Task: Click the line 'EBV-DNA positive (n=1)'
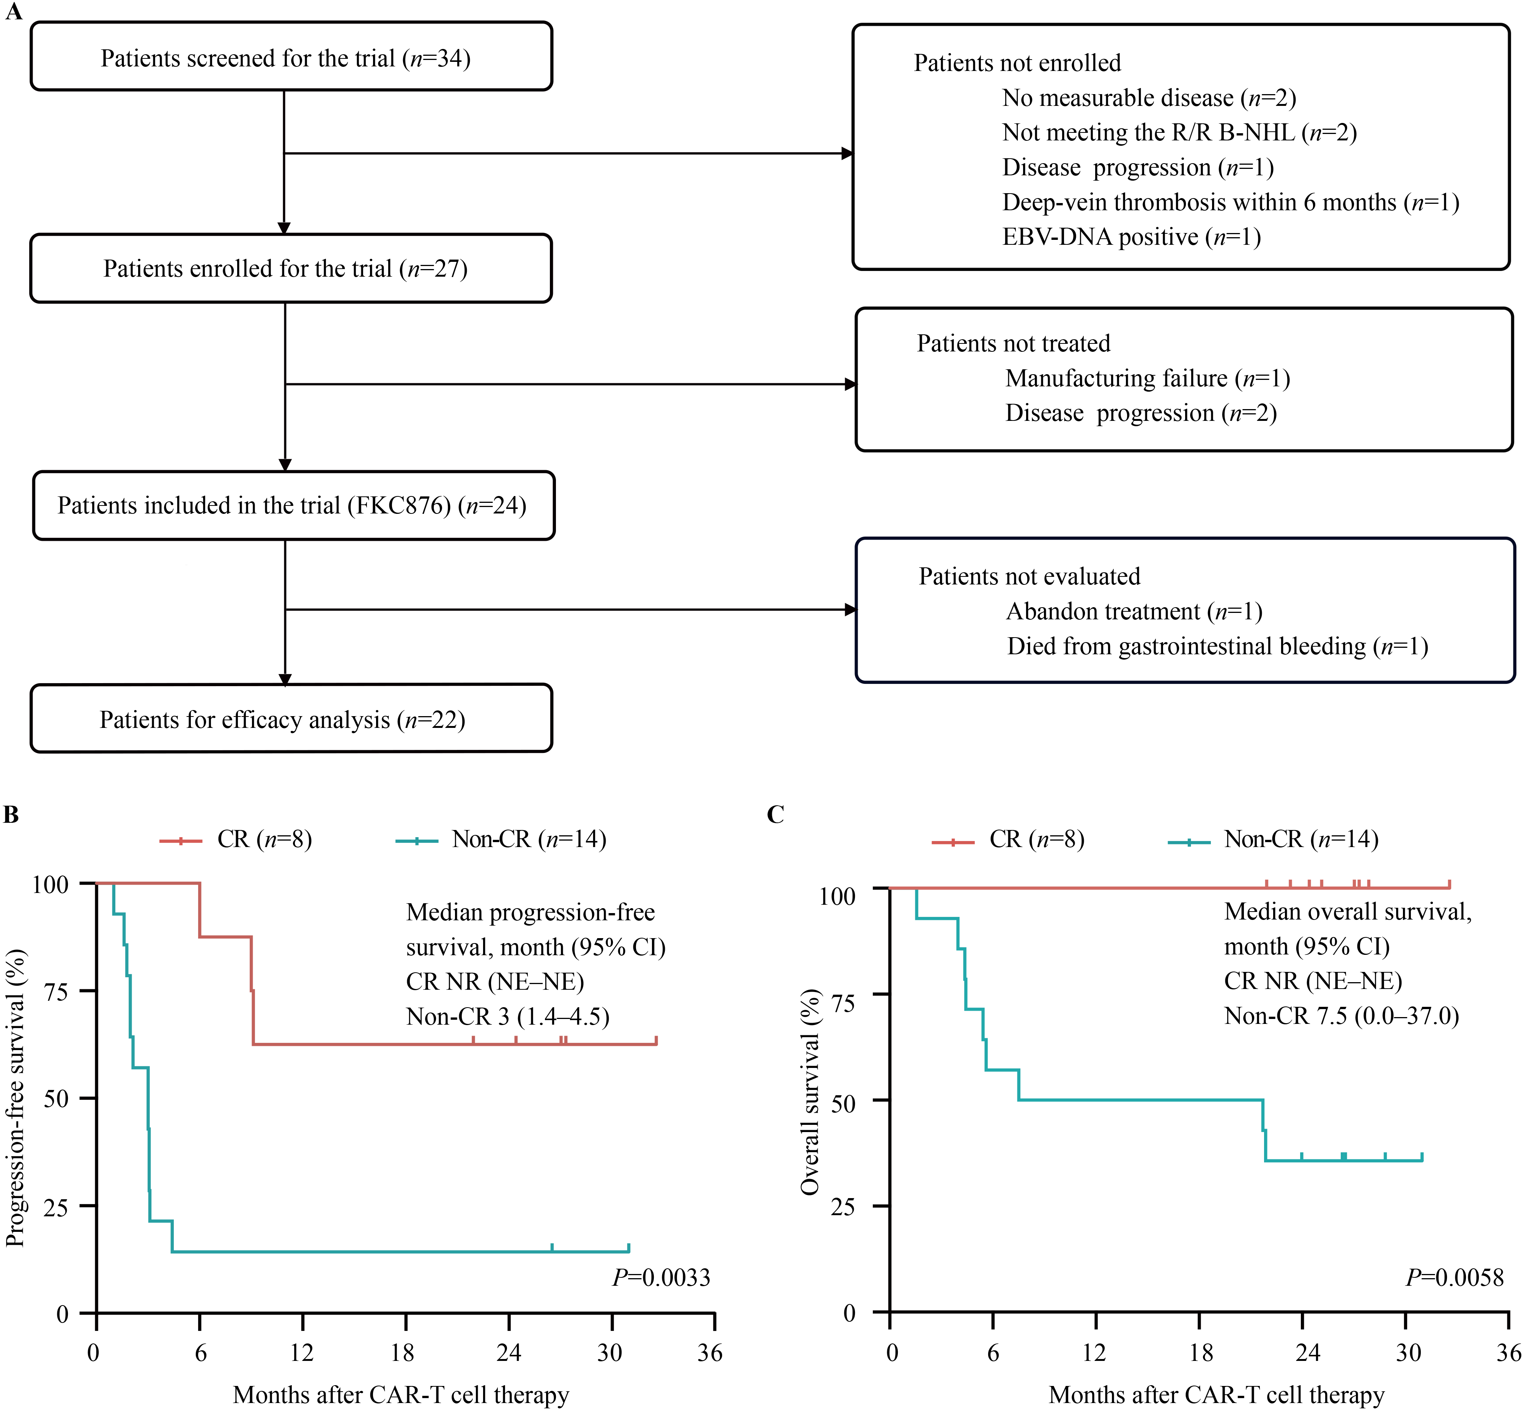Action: (x=1131, y=237)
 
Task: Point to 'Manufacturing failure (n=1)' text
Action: (x=1147, y=378)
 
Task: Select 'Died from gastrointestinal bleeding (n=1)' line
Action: (x=1217, y=646)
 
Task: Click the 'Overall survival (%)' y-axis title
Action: (x=809, y=1092)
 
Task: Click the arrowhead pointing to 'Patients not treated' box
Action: (x=850, y=384)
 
